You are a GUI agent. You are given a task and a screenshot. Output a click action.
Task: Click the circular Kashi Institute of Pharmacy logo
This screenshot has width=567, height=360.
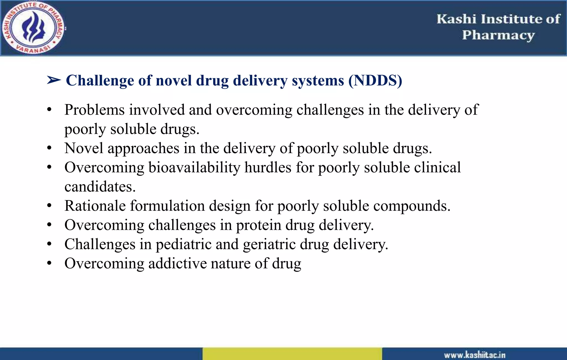(33, 28)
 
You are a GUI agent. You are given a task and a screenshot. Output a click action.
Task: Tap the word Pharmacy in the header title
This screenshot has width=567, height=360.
(498, 35)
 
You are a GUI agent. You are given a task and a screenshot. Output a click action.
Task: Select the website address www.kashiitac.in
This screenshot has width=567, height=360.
(475, 355)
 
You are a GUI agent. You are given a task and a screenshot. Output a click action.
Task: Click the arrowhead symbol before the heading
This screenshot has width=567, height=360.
(54, 80)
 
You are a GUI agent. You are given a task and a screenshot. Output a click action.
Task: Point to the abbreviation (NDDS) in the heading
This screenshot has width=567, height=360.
(375, 81)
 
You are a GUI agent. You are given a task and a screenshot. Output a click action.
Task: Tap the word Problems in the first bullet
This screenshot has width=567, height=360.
(94, 110)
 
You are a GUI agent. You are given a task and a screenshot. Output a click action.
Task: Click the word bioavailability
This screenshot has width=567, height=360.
(194, 168)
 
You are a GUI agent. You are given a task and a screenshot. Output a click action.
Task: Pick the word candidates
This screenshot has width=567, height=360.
(100, 187)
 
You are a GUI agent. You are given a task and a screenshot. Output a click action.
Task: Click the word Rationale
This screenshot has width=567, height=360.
(95, 206)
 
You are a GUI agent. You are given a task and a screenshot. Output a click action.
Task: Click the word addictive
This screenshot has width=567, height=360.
(177, 263)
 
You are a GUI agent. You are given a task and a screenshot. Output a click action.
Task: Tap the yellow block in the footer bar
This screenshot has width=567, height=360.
(292, 354)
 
